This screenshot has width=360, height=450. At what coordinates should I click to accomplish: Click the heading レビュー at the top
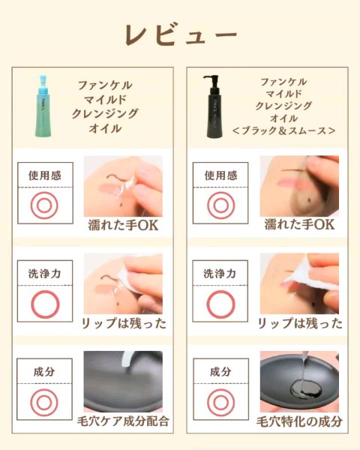[181, 34]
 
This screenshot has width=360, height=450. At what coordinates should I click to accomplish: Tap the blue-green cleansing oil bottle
[44, 106]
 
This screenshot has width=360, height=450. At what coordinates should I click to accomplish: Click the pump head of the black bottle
[211, 79]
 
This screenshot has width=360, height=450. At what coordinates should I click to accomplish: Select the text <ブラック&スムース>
[283, 130]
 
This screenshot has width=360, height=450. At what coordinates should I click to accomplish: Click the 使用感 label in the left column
[45, 175]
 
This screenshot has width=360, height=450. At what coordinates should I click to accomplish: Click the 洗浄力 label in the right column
[220, 274]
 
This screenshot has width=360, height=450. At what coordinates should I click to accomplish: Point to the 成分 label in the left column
[44, 372]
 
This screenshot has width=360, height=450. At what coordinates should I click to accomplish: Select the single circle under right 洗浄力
[207, 304]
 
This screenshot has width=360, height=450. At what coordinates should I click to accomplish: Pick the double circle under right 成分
[208, 402]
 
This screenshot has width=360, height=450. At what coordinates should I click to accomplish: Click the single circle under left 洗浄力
[31, 304]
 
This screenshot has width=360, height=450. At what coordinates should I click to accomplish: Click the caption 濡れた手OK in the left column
[123, 225]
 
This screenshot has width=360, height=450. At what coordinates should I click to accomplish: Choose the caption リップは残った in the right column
[300, 323]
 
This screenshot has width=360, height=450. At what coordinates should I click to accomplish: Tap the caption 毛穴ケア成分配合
[123, 421]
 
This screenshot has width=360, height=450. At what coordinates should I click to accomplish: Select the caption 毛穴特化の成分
[299, 421]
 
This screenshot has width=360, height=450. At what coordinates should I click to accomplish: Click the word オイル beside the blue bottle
[105, 128]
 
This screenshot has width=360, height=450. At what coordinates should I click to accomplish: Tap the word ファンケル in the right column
[283, 82]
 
